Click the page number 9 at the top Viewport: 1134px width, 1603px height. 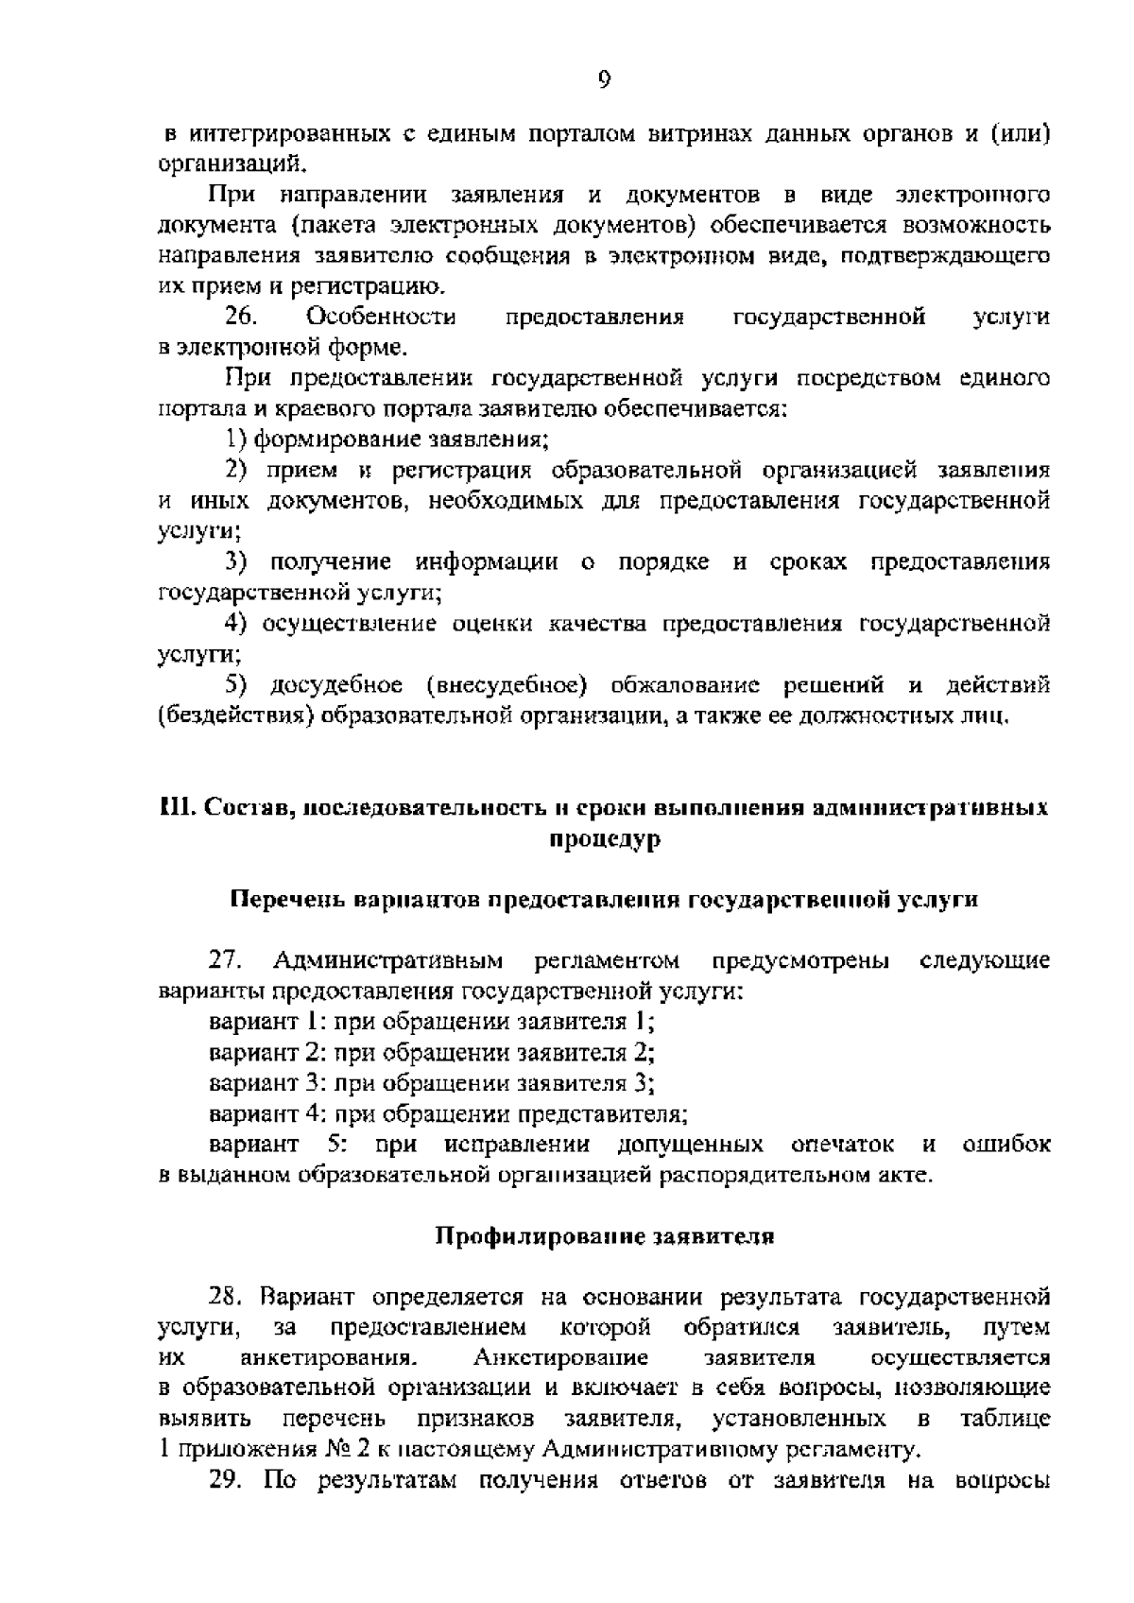(605, 80)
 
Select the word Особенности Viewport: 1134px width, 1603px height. (382, 317)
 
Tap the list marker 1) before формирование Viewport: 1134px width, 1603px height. (236, 440)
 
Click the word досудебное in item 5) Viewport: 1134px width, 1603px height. (335, 684)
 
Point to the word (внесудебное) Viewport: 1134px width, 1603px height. (507, 684)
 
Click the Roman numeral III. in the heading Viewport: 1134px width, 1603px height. (176, 808)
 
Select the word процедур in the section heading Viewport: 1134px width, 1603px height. (605, 839)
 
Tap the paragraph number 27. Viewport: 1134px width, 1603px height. (227, 961)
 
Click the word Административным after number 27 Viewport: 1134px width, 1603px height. (387, 961)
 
